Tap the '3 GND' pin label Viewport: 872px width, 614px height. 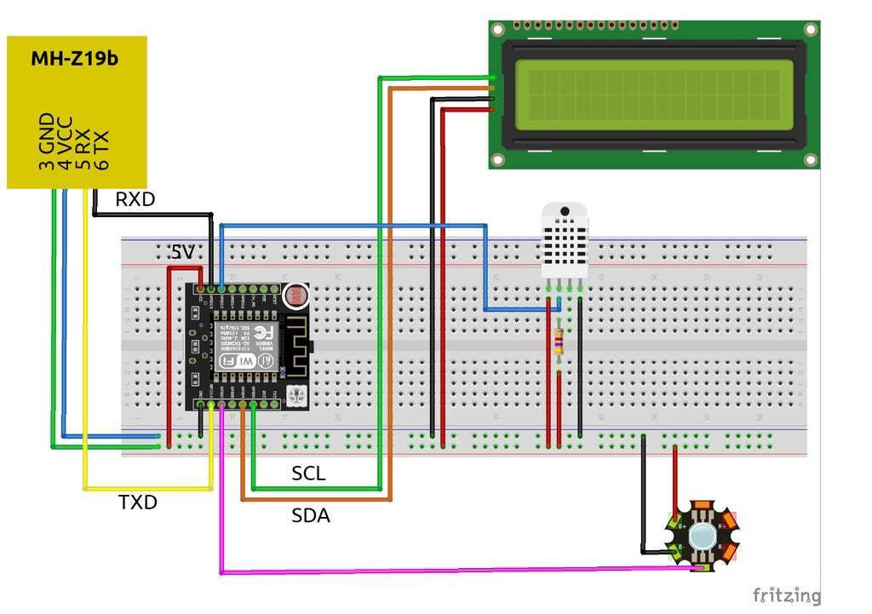[x=46, y=141]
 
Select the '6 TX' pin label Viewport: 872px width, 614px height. [x=101, y=150]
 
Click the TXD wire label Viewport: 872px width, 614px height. [x=138, y=502]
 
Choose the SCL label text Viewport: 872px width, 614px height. [x=308, y=473]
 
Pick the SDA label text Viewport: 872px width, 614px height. [x=311, y=515]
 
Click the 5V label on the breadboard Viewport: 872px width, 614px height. [x=182, y=253]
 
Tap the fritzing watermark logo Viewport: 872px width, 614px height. [x=787, y=594]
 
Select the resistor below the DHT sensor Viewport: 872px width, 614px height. [x=559, y=341]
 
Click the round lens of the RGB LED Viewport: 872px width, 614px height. [x=703, y=537]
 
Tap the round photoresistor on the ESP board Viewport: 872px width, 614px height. [x=295, y=296]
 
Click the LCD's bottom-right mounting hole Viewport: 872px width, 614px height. [x=811, y=159]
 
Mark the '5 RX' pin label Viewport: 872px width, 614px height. [x=83, y=145]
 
